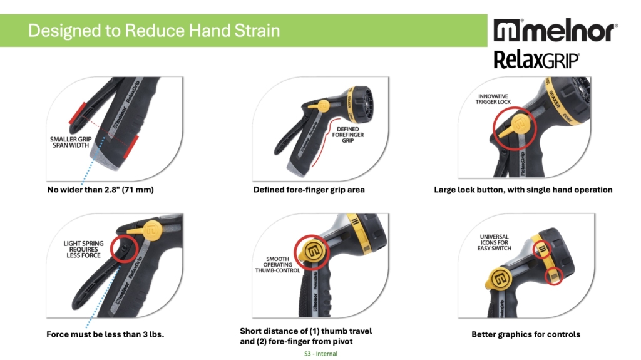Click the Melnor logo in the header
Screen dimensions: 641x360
(x=556, y=30)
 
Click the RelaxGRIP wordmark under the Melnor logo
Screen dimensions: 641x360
(x=536, y=60)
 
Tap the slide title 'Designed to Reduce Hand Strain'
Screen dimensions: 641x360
(x=154, y=31)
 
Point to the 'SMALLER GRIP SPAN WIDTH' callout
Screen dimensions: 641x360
(x=71, y=142)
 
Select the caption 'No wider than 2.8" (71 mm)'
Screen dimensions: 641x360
(x=101, y=190)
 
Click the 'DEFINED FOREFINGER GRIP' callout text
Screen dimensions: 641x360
(x=348, y=135)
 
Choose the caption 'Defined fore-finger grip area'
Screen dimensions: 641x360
(x=309, y=190)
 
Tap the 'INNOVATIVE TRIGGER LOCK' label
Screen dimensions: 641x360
(x=493, y=99)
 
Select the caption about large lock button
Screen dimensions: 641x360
(x=523, y=190)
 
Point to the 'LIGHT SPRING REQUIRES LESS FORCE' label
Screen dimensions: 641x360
(x=83, y=249)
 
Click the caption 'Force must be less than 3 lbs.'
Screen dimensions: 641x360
(x=105, y=334)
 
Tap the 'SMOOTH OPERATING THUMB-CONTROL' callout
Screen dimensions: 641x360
(x=277, y=265)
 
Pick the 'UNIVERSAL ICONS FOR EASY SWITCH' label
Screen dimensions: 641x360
(x=495, y=242)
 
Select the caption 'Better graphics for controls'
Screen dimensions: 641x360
(x=526, y=334)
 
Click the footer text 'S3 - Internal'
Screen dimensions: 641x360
(x=321, y=354)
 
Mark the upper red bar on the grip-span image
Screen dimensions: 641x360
(x=77, y=113)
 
